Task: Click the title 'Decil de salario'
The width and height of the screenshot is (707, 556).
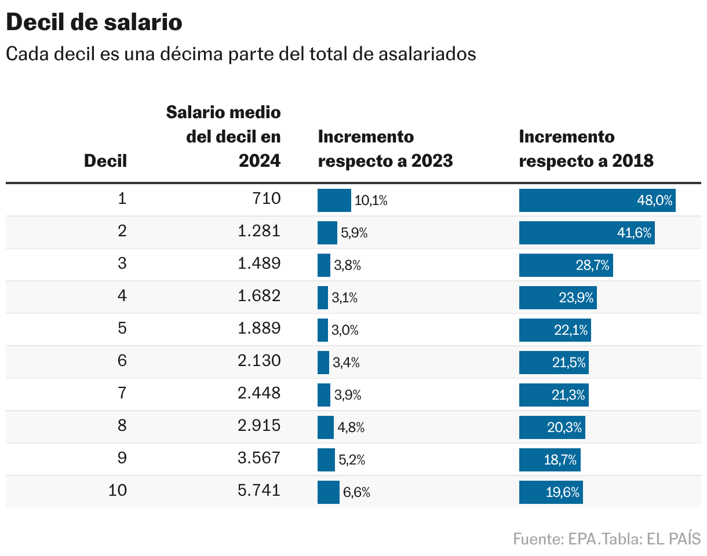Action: (x=94, y=23)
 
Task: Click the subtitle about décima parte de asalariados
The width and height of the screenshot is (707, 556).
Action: (x=240, y=54)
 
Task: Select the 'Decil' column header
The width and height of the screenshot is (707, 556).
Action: (x=105, y=160)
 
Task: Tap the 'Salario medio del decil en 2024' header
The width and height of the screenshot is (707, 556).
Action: (x=224, y=136)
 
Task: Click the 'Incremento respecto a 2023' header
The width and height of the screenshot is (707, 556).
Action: (x=385, y=148)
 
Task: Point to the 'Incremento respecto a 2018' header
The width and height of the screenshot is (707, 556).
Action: (x=586, y=148)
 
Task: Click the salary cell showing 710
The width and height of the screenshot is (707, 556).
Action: (x=267, y=199)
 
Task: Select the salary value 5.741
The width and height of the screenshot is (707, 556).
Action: (x=259, y=491)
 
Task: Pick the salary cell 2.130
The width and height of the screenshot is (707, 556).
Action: (x=259, y=361)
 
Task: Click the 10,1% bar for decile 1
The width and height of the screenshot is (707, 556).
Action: (x=334, y=200)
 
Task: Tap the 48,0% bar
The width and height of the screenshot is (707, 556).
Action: (x=597, y=200)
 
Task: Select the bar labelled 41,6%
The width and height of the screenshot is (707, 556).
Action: (x=586, y=233)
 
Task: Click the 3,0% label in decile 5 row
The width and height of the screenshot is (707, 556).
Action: (x=345, y=331)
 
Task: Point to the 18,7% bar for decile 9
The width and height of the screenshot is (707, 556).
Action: (x=549, y=460)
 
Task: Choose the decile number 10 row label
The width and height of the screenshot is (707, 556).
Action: (x=118, y=491)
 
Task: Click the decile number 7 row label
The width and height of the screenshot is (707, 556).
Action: (x=122, y=393)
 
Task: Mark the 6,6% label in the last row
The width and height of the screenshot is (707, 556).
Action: (x=356, y=493)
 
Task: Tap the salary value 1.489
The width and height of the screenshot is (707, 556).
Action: (x=259, y=264)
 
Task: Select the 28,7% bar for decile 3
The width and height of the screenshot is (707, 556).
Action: (x=566, y=265)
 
